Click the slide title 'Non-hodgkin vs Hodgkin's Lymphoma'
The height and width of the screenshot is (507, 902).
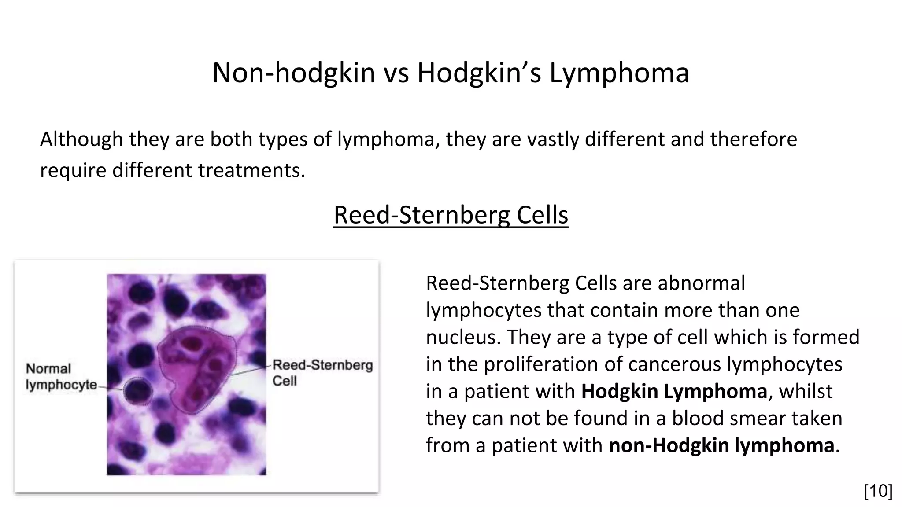point(451,73)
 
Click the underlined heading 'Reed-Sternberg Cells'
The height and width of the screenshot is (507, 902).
point(451,215)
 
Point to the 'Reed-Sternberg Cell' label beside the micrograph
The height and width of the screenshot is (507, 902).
point(322,372)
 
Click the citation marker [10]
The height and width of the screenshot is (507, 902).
point(878,491)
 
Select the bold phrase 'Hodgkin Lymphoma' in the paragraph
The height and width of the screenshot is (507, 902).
point(674,391)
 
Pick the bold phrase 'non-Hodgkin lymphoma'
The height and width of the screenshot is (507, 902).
point(721,445)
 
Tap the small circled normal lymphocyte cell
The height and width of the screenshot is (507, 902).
point(138,391)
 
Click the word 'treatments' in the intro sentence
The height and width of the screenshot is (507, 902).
point(251,170)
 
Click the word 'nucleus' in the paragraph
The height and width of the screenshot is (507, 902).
point(463,338)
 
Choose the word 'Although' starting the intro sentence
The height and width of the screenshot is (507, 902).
point(81,140)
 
